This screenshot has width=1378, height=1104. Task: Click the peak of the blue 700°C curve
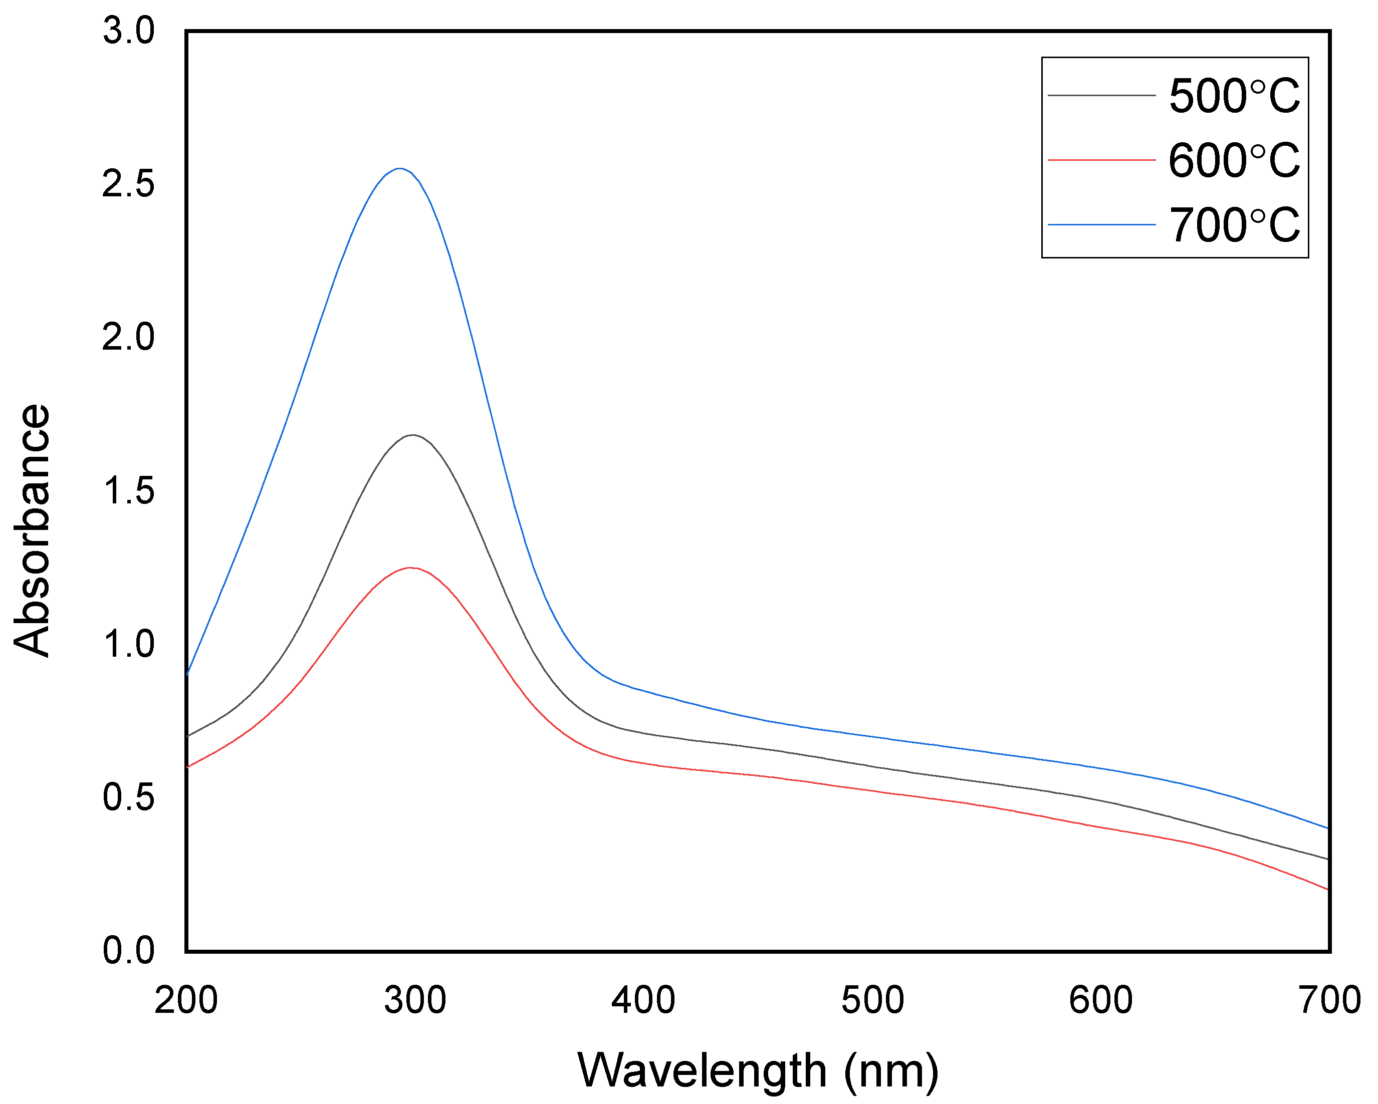pyautogui.click(x=400, y=169)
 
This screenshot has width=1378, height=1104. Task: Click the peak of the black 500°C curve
pyautogui.click(x=413, y=435)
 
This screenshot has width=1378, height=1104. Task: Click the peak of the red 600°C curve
pyautogui.click(x=410, y=568)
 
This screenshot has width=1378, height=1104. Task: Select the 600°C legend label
pyautogui.click(x=1234, y=160)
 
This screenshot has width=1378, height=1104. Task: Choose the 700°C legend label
pyautogui.click(x=1234, y=225)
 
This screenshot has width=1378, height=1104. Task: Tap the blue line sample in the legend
pyautogui.click(x=1101, y=225)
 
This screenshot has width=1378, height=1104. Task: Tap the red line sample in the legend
pyautogui.click(x=1101, y=160)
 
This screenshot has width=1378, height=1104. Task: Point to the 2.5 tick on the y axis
pyautogui.click(x=128, y=184)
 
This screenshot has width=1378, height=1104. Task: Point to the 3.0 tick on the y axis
pyautogui.click(x=128, y=31)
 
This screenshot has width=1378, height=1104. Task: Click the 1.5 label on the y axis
pyautogui.click(x=128, y=491)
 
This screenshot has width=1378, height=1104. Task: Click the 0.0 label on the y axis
pyautogui.click(x=128, y=951)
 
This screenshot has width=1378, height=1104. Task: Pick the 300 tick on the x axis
pyautogui.click(x=415, y=1000)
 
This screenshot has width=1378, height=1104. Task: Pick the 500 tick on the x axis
pyautogui.click(x=872, y=1000)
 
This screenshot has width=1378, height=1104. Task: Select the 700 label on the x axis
pyautogui.click(x=1329, y=1000)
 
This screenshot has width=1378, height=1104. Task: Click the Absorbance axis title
pyautogui.click(x=32, y=530)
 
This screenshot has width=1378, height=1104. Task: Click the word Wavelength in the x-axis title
pyautogui.click(x=702, y=1071)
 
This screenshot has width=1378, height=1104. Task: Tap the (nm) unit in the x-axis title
pyautogui.click(x=891, y=1071)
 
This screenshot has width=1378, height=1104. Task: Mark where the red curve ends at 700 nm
pyautogui.click(x=1328, y=889)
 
